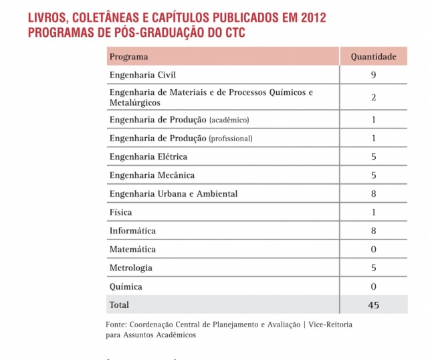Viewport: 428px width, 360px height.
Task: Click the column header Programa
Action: click(129, 57)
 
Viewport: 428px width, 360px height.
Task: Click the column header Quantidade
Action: click(373, 57)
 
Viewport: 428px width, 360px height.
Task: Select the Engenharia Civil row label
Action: click(142, 75)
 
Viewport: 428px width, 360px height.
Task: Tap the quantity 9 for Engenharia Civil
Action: click(373, 75)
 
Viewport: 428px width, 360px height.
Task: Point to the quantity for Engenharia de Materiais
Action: click(373, 98)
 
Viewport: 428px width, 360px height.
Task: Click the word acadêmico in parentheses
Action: click(229, 120)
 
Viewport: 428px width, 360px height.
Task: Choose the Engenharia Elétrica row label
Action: click(148, 157)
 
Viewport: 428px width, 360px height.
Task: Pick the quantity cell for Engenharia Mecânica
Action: click(373, 175)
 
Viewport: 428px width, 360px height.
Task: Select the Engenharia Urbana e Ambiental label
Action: click(173, 194)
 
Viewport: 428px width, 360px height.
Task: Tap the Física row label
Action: click(121, 213)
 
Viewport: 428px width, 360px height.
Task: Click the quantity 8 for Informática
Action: click(373, 231)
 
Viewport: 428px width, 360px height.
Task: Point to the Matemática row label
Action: click(132, 250)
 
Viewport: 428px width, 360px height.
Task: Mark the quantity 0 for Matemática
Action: click(373, 250)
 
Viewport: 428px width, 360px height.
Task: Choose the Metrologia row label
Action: click(131, 268)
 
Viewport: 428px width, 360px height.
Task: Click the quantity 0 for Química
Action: click(373, 286)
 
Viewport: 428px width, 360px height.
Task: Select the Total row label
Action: click(120, 304)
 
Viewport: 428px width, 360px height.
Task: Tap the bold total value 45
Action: click(373, 304)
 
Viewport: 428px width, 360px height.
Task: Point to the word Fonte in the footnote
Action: click(117, 325)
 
